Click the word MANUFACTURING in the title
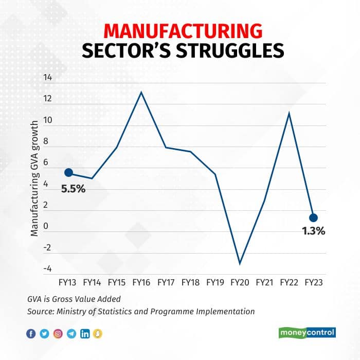pos(179,30)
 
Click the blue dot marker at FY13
pos(68,173)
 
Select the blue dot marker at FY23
pos(313,218)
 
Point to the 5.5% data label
pos(73,189)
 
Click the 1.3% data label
pos(313,231)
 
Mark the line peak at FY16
pos(141,92)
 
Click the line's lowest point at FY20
pos(240,264)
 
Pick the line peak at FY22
pos(289,113)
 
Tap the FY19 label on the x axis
pos(215,282)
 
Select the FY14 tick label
pos(92,282)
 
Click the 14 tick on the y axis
pos(48,78)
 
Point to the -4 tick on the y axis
pos(47,268)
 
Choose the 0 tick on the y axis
pos(49,226)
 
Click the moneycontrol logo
pos(308,333)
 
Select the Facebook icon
pos(31,334)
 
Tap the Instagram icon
pos(58,334)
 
